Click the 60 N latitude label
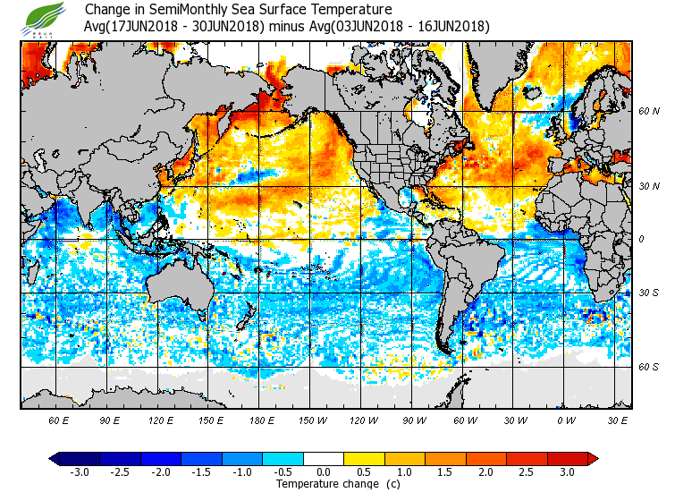coord(648,112)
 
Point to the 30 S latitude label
coord(648,293)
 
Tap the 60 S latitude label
coord(648,367)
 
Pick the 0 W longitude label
coord(566,420)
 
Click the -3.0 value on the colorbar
coord(79,472)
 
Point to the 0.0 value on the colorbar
coord(324,472)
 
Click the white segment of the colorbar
coord(324,459)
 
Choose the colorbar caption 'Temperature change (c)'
coord(338,484)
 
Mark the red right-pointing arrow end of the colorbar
coord(593,459)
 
